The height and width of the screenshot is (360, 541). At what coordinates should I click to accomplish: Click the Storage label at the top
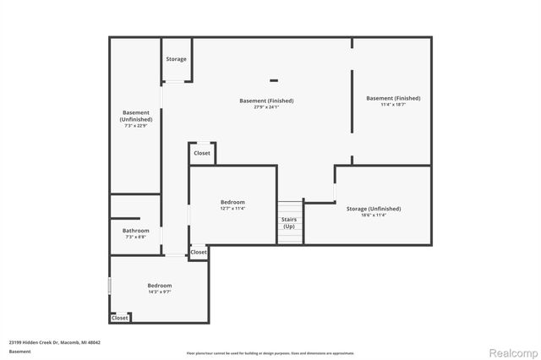[x=176, y=59]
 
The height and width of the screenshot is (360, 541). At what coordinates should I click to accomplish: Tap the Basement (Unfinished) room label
[x=136, y=116]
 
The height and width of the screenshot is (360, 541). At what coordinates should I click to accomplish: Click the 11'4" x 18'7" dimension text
[x=393, y=105]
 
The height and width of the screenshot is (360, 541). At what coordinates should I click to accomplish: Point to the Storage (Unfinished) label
[x=373, y=209]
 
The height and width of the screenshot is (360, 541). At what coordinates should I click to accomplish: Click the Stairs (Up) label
[x=289, y=223]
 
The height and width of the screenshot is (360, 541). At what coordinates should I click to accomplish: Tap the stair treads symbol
[x=290, y=207]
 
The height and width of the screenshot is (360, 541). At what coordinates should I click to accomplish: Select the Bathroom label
[x=136, y=231]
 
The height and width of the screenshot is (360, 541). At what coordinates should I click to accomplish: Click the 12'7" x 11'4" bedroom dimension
[x=232, y=209]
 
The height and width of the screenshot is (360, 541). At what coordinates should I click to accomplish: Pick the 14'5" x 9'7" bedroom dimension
[x=160, y=292]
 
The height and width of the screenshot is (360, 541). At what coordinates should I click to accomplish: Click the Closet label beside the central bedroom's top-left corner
[x=202, y=153]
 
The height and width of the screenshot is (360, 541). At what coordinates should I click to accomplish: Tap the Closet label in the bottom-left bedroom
[x=120, y=318]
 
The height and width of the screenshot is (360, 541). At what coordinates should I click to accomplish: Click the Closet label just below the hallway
[x=199, y=252]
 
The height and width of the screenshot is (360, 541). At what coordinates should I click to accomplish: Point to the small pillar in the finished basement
[x=274, y=80]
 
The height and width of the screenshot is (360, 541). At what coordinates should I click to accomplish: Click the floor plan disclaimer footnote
[x=270, y=352]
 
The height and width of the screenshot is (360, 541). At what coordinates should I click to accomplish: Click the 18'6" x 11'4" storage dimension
[x=373, y=215]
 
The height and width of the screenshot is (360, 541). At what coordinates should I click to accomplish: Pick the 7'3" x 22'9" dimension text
[x=136, y=126]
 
